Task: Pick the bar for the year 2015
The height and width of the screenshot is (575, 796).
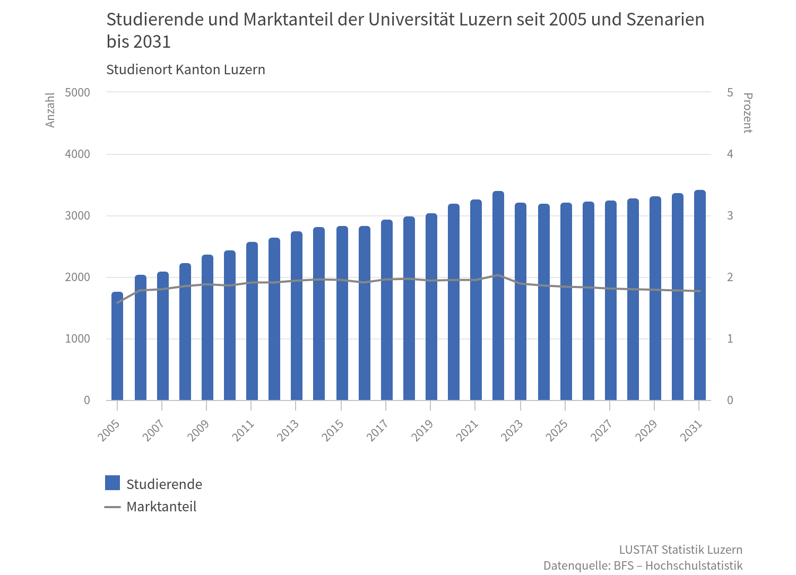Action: point(342,313)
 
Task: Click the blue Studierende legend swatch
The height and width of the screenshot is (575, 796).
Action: point(113,483)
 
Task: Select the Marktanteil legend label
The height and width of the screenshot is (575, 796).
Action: point(161,507)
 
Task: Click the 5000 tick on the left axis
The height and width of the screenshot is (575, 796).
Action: point(77,93)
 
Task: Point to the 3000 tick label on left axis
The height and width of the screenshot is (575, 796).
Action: point(77,216)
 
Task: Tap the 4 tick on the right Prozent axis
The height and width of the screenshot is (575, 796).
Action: point(730,154)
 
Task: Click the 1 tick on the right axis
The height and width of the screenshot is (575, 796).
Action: point(730,339)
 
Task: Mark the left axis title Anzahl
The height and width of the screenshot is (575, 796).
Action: point(50,110)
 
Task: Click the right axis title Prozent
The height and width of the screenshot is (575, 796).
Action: point(747,113)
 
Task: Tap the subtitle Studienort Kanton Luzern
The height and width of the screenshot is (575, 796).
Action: point(186,70)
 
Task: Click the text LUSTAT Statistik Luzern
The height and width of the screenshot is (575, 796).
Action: point(680,550)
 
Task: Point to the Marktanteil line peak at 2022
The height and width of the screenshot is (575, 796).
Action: point(498,275)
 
